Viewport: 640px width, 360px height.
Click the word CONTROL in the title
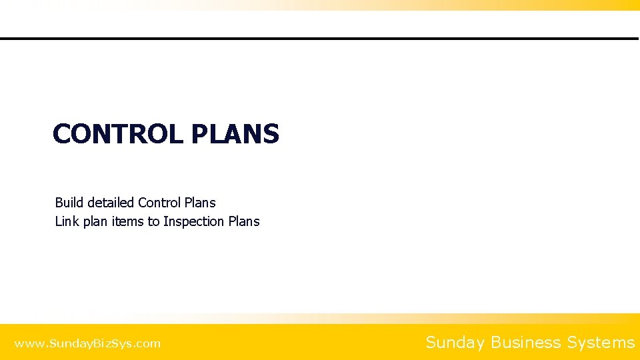[x=117, y=134]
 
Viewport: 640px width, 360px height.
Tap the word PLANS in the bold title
[x=235, y=134]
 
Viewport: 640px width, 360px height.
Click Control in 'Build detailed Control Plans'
[x=159, y=203]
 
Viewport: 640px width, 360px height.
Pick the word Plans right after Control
[x=200, y=203]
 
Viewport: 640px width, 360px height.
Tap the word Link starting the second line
[x=67, y=221]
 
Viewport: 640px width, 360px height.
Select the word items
[x=128, y=221]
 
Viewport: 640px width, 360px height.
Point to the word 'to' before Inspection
[x=154, y=221]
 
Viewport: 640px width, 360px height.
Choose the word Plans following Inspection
[x=244, y=221]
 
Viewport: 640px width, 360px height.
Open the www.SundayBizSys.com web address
[x=87, y=344]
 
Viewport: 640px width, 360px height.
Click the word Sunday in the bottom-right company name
[x=455, y=343]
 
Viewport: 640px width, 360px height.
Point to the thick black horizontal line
[x=320, y=39]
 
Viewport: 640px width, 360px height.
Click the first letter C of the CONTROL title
[x=62, y=134]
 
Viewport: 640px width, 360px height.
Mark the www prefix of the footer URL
[x=27, y=344]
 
